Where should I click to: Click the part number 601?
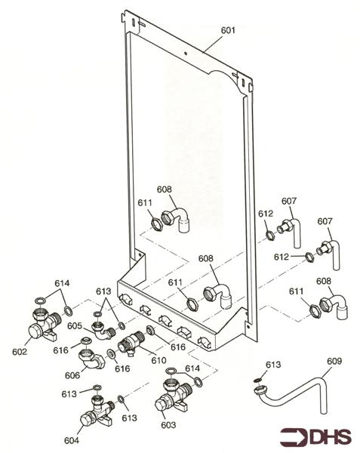point(227,30)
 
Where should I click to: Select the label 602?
point(20,350)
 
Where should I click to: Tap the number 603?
point(168,425)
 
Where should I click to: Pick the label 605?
point(73,326)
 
